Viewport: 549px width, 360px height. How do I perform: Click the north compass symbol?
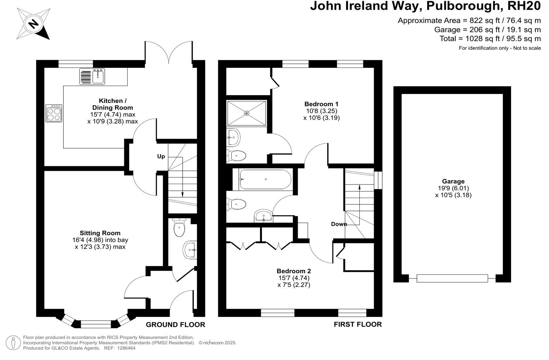pyautogui.click(x=33, y=24)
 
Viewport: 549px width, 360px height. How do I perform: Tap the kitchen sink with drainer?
pyautogui.click(x=92, y=76)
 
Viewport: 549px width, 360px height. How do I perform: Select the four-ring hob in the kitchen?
pyautogui.click(x=54, y=113)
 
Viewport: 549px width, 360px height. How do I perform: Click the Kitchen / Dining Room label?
pyautogui.click(x=111, y=104)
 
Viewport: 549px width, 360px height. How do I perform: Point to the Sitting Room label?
pyautogui.click(x=100, y=233)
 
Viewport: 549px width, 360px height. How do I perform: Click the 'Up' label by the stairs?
pyautogui.click(x=161, y=156)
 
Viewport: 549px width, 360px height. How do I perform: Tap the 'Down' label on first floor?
pyautogui.click(x=339, y=224)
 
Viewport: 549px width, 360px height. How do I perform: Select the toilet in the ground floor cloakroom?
pyautogui.click(x=179, y=228)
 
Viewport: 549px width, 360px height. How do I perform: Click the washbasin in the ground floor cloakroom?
pyautogui.click(x=190, y=250)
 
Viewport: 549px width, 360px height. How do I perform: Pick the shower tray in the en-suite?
pyautogui.click(x=246, y=113)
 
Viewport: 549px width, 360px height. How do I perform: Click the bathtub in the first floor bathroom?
pyautogui.click(x=265, y=180)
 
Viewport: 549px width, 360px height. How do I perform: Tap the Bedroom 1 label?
pyautogui.click(x=321, y=104)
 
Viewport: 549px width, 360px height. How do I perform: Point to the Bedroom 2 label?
pyautogui.click(x=294, y=271)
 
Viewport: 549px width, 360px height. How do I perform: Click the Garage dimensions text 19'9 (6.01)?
pyautogui.click(x=453, y=188)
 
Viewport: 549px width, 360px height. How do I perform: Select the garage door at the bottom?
pyautogui.click(x=452, y=278)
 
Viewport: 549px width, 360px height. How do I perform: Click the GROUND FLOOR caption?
pyautogui.click(x=175, y=325)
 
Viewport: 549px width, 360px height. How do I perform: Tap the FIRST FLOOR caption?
pyautogui.click(x=358, y=325)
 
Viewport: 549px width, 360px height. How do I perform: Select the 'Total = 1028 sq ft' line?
pyautogui.click(x=490, y=39)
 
